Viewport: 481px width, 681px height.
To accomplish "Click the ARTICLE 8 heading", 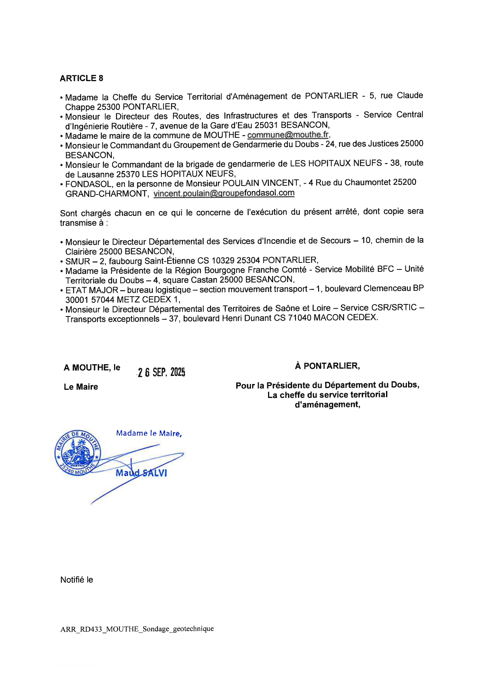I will (x=81, y=78).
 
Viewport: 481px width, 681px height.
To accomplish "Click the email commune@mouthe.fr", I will (x=288, y=135).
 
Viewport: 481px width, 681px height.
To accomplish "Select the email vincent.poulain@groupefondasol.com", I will (x=224, y=193).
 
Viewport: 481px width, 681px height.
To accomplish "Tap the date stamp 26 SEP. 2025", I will (x=161, y=372).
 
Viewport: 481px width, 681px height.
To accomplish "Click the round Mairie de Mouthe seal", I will (x=78, y=453).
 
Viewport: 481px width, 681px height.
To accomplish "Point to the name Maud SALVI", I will (x=141, y=473).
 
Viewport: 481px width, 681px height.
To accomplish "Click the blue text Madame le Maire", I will (x=149, y=433).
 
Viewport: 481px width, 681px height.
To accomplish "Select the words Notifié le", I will (x=77, y=580).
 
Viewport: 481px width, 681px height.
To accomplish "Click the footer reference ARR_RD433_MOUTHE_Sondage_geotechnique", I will (x=137, y=629).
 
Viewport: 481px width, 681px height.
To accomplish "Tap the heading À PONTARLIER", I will (x=327, y=366).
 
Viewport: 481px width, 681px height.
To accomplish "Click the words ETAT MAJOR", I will (x=92, y=290).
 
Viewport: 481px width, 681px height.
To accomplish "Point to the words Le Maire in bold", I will (x=81, y=387).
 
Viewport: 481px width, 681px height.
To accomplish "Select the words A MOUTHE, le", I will (x=92, y=368).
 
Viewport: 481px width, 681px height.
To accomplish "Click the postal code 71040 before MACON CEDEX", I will (x=300, y=318).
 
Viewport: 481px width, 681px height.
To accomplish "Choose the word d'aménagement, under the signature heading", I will (x=327, y=405).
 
